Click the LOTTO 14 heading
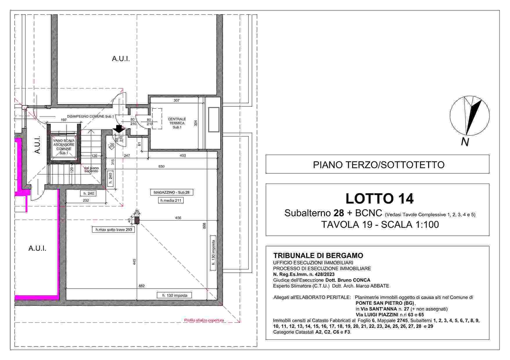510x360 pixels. pos(379,199)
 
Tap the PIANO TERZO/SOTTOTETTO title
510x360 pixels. pos(379,165)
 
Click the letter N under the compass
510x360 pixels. pos(465,142)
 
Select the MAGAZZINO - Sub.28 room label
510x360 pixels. pos(171,192)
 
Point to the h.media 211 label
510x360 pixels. pos(171,200)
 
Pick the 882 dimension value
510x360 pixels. pos(142,286)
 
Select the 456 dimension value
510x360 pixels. pos(178,218)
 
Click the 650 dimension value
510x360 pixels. pos(162,166)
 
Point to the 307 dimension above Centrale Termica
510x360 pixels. pos(176,100)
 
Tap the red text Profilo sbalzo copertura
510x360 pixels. pos(204,321)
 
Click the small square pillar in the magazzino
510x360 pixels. pos(137,220)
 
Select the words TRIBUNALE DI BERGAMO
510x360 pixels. pos(318,256)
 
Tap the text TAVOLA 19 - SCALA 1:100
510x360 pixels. pos(380,224)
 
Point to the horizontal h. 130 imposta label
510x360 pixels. pos(174,296)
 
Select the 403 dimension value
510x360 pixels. pos(183,156)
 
